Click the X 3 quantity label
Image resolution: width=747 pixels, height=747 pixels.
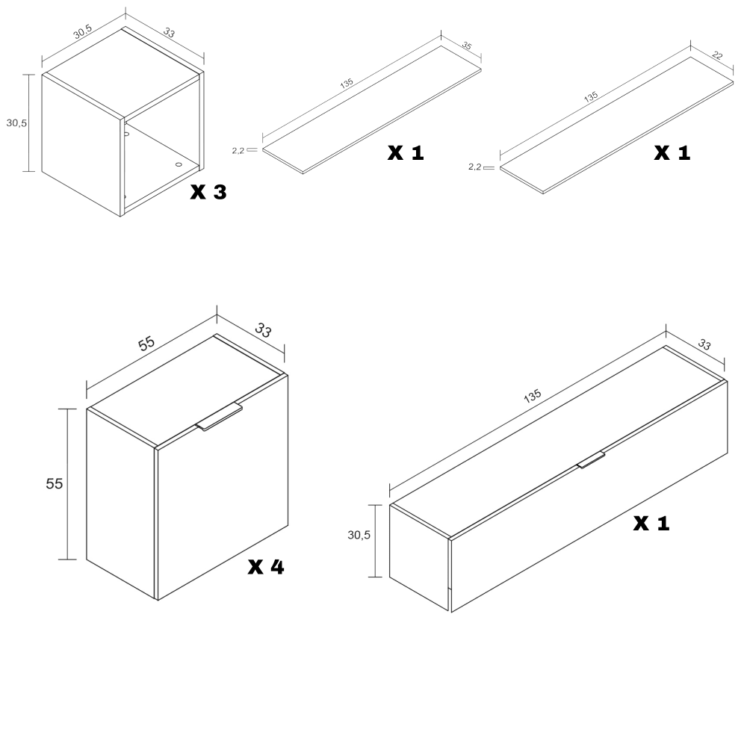(x=208, y=191)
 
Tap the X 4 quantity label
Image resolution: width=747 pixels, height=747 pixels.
(x=266, y=566)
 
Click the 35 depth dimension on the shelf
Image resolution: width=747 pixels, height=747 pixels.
(x=467, y=46)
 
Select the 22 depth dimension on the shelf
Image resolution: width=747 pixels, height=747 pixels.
(x=717, y=55)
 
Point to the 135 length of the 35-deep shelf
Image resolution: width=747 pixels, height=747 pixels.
(x=347, y=83)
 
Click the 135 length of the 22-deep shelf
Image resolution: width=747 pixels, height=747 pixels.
(x=591, y=97)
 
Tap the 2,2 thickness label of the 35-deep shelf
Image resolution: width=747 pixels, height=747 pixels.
(x=238, y=151)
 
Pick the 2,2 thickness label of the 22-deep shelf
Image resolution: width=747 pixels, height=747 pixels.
(x=474, y=167)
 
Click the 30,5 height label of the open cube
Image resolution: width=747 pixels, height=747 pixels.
(x=16, y=123)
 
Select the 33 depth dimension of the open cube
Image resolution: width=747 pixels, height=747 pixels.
(x=169, y=32)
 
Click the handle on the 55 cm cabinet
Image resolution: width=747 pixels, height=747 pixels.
(x=219, y=417)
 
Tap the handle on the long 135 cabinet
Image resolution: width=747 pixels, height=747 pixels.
(x=591, y=459)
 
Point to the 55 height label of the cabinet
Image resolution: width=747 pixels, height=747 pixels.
(x=55, y=483)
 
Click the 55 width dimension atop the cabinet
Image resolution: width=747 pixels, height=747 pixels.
(x=146, y=343)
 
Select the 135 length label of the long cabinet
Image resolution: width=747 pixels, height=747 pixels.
(x=532, y=396)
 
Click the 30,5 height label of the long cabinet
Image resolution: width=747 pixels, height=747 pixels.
(x=359, y=535)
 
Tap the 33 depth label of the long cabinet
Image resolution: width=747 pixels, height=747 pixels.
(x=704, y=344)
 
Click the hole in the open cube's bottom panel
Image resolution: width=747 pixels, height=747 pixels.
(x=179, y=164)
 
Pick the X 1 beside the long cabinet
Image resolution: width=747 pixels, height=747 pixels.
(x=651, y=524)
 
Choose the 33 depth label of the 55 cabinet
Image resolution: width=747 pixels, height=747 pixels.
(x=263, y=329)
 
